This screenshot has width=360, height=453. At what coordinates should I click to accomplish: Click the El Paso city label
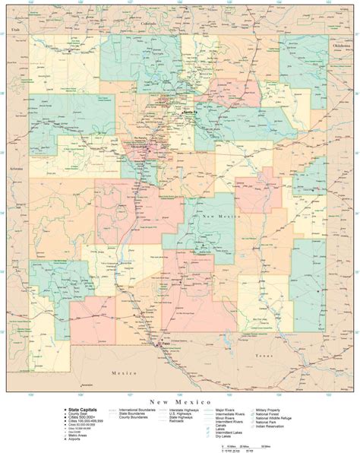[x=164, y=344]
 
